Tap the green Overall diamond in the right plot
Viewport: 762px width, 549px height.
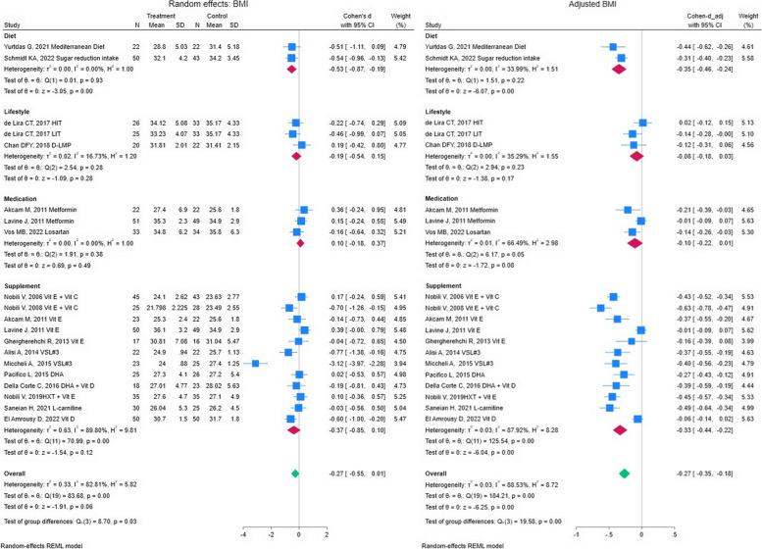(623, 474)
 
